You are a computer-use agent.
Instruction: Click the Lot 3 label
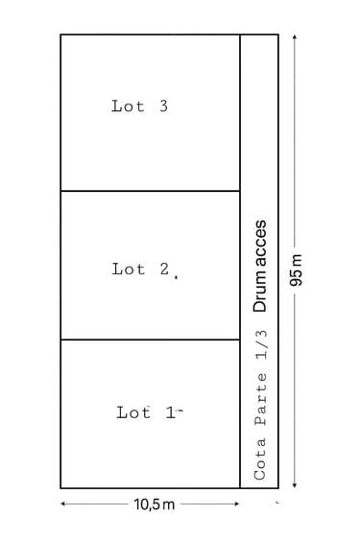point(139,106)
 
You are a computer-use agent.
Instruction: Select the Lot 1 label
point(146,412)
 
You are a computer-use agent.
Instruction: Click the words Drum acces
point(259,266)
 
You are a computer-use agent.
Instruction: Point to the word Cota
point(260,459)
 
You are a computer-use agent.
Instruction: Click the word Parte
point(261,400)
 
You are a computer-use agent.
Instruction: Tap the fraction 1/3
point(261,344)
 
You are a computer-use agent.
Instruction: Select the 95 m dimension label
point(296,270)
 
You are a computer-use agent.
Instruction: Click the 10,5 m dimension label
point(155,505)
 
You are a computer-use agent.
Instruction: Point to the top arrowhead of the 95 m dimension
point(294,36)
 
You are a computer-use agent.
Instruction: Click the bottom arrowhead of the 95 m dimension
point(294,485)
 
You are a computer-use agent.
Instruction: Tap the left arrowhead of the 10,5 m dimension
point(63,504)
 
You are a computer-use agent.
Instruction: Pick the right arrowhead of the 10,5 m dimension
point(236,504)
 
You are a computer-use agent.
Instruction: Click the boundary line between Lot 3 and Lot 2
point(151,191)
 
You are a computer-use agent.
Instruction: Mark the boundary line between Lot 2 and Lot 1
point(151,340)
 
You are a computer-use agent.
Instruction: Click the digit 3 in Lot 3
point(164,106)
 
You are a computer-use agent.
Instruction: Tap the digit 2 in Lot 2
point(164,269)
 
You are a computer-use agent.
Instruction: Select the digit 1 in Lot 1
point(170,412)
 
